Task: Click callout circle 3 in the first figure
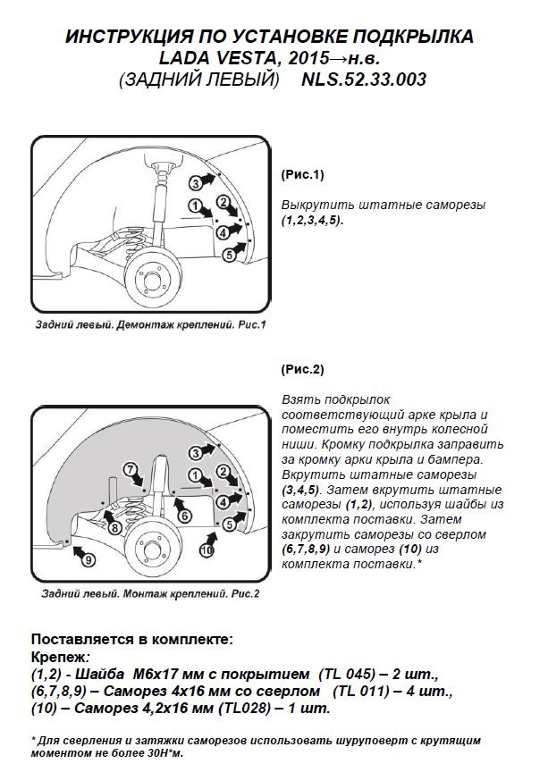[x=195, y=183]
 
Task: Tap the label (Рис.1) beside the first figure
[x=303, y=174]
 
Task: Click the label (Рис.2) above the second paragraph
[x=303, y=369]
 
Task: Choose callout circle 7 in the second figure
[x=130, y=469]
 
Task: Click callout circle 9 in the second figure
[x=88, y=560]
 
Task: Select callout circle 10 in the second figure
[x=207, y=551]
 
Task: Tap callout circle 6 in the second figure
[x=183, y=516]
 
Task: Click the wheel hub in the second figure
[x=146, y=545]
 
